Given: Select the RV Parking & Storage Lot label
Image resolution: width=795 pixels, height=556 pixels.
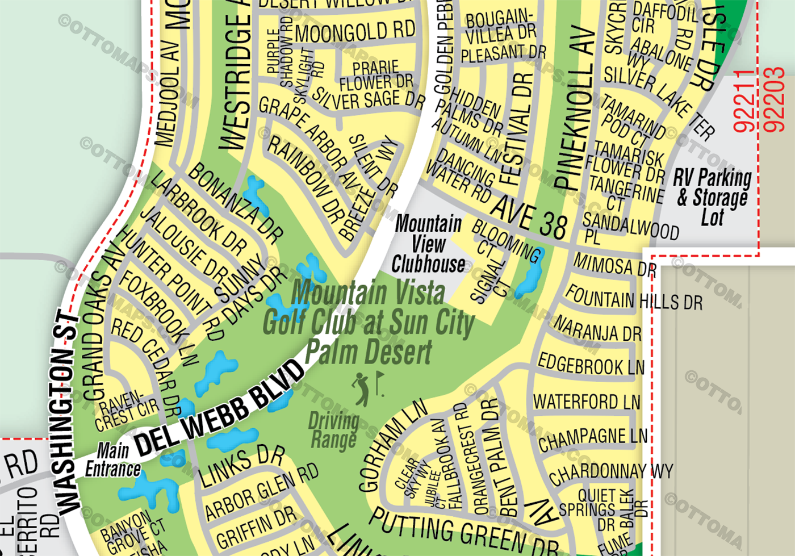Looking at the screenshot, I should point(713,197).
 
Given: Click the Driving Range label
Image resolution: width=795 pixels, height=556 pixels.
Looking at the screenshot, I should point(333,430).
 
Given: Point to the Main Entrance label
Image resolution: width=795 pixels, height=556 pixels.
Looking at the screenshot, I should point(113,460).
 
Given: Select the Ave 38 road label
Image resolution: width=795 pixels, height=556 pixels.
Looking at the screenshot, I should point(529,218).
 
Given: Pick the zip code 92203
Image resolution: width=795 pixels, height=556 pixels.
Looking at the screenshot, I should point(773,100).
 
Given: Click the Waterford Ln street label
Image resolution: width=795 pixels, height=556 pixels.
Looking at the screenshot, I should point(587,402).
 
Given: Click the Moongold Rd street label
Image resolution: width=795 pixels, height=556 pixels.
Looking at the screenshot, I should point(355,32).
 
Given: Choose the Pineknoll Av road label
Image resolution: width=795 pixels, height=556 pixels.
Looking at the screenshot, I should point(575,108).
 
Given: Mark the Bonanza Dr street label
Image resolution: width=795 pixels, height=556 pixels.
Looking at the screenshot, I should point(235,202).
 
